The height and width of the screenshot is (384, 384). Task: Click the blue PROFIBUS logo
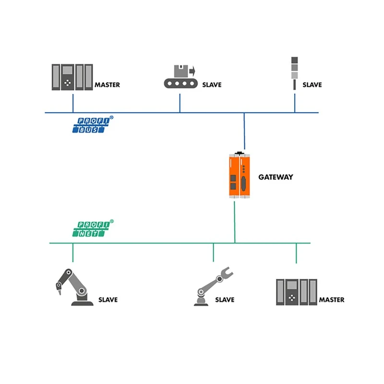click(x=93, y=125)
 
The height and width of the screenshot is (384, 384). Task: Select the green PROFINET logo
click(x=93, y=228)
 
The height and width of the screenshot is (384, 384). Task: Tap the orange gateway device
click(x=239, y=175)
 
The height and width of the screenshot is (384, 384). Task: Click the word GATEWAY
click(x=276, y=177)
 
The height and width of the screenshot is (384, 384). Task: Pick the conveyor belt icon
click(x=181, y=76)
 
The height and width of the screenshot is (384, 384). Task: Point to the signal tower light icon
click(x=294, y=73)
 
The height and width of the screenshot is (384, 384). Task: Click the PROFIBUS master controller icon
click(x=72, y=77)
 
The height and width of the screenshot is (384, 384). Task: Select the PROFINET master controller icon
click(x=297, y=292)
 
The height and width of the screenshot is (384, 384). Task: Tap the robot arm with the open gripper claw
click(x=213, y=287)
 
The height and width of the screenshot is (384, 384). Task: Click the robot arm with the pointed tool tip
click(x=74, y=287)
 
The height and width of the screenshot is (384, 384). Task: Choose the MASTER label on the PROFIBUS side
click(x=107, y=85)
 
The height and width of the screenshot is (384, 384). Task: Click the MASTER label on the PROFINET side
click(x=332, y=300)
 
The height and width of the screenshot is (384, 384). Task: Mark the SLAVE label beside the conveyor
click(x=212, y=85)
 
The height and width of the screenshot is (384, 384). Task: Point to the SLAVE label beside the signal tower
click(x=312, y=85)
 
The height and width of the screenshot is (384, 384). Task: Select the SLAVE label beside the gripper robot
click(x=225, y=300)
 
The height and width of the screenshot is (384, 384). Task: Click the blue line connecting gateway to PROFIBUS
click(x=244, y=131)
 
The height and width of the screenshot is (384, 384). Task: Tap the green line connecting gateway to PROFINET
click(x=235, y=222)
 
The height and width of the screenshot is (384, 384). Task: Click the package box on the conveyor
click(x=181, y=71)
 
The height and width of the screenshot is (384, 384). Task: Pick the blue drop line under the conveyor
click(x=180, y=103)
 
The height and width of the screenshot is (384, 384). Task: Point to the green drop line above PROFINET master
click(x=296, y=253)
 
